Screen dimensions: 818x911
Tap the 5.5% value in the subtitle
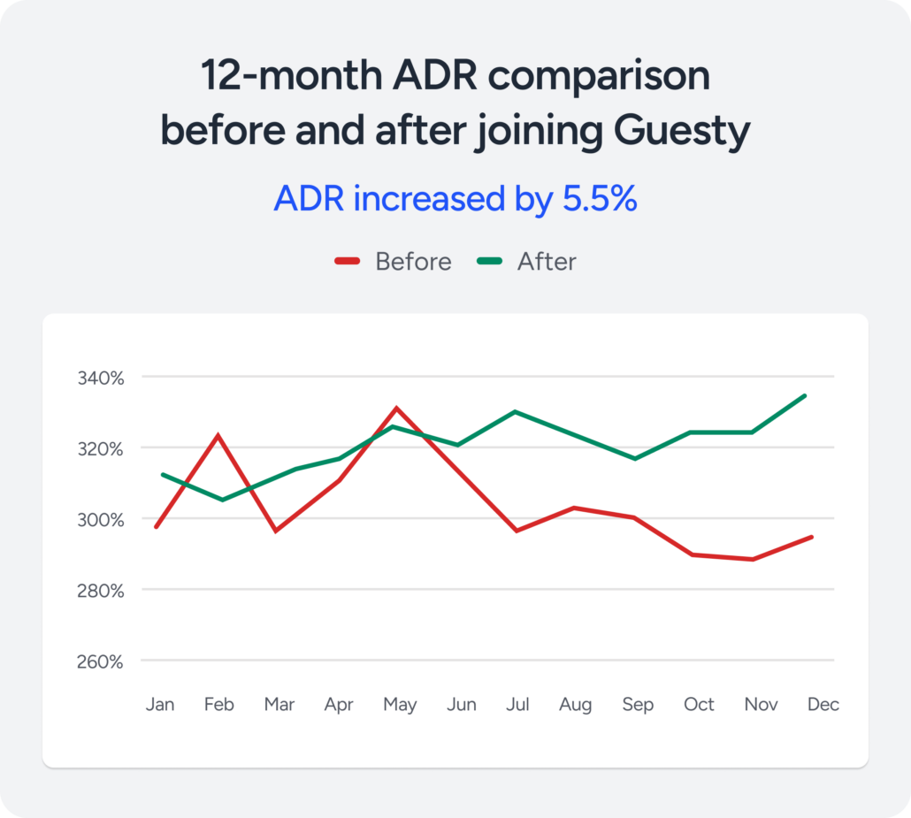coord(600,199)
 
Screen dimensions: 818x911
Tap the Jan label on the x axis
coord(160,705)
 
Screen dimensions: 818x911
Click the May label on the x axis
coord(399,705)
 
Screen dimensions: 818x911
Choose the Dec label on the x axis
coord(823,705)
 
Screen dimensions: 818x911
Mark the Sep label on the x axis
coord(637,705)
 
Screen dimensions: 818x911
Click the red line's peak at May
coord(397,408)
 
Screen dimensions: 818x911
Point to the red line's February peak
coord(218,435)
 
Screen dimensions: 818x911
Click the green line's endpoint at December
coord(805,395)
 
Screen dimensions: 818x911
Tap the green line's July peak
coord(516,411)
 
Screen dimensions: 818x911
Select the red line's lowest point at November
coord(753,559)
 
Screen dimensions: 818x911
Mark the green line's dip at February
coord(221,500)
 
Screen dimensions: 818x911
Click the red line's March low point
coord(277,531)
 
